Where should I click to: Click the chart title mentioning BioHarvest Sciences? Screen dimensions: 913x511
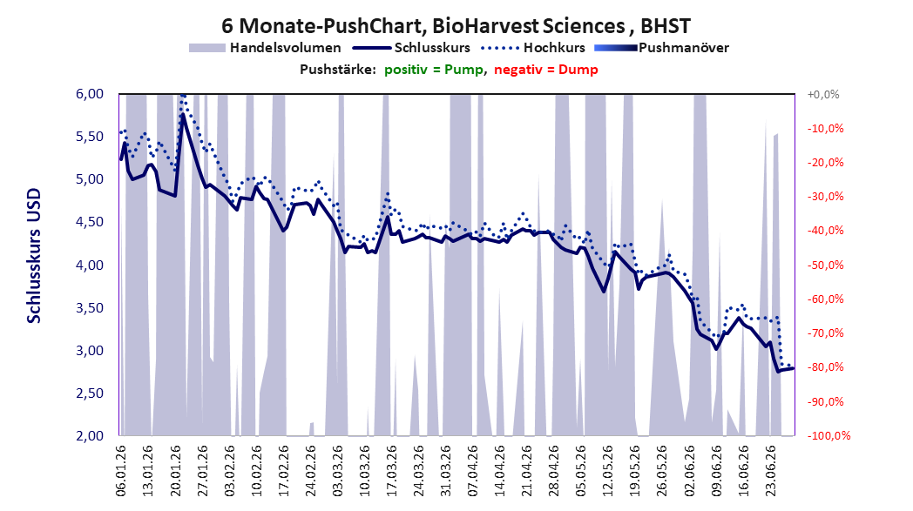[x=456, y=25]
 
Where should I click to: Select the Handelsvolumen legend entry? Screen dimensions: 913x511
[x=265, y=48]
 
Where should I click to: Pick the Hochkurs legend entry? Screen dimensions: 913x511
[x=533, y=48]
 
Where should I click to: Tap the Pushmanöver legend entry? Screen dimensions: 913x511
[x=661, y=48]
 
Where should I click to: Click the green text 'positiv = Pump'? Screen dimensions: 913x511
[x=434, y=70]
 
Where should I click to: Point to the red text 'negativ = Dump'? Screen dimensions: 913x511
[x=546, y=70]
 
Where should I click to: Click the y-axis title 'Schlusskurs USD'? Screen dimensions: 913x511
[x=34, y=256]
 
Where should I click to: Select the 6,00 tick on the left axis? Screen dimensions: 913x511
[x=90, y=94]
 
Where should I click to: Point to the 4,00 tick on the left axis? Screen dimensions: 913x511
[x=90, y=266]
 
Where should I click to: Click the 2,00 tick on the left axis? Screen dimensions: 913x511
[x=90, y=436]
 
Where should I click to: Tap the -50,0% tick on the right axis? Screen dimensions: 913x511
[x=825, y=266]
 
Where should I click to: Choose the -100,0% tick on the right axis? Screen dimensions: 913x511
[x=828, y=436]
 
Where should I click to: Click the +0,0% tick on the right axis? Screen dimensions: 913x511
[x=823, y=94]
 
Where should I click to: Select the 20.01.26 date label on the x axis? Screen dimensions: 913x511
[x=175, y=471]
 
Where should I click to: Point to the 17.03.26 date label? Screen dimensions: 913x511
[x=392, y=471]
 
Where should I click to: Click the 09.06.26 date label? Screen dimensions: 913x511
[x=717, y=471]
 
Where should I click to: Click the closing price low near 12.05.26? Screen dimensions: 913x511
[x=604, y=291]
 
